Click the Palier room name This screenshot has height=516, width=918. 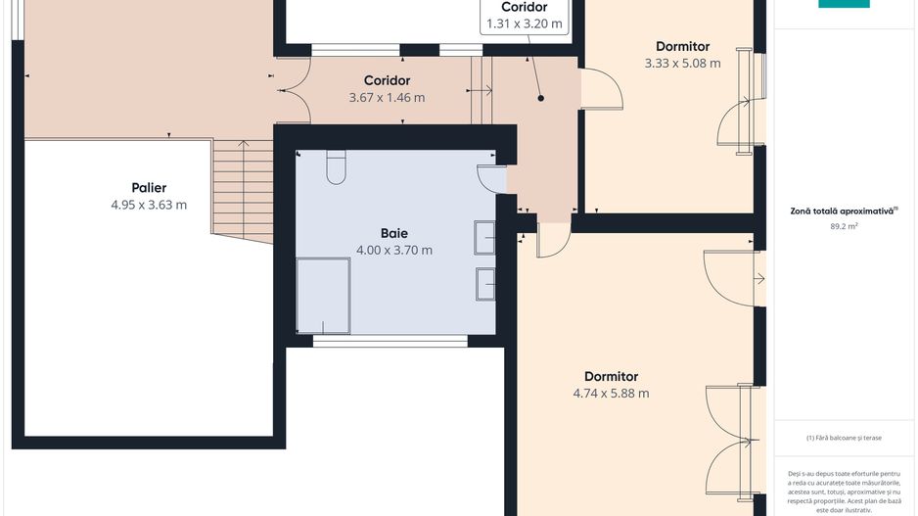point(149,187)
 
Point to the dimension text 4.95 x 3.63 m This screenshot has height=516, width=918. point(149,205)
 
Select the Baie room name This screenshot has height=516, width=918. point(394,233)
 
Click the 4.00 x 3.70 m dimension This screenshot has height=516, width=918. point(394,250)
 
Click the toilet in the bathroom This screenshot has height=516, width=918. point(336,167)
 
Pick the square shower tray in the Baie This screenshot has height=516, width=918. point(323,295)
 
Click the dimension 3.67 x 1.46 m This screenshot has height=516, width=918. point(387,97)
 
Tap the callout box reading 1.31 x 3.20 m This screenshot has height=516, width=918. point(525,17)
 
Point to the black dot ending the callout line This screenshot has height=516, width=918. point(539,98)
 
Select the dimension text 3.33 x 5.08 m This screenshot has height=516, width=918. point(682,64)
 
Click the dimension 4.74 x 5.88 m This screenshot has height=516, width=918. point(611,394)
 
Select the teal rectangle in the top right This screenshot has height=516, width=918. point(844,4)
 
